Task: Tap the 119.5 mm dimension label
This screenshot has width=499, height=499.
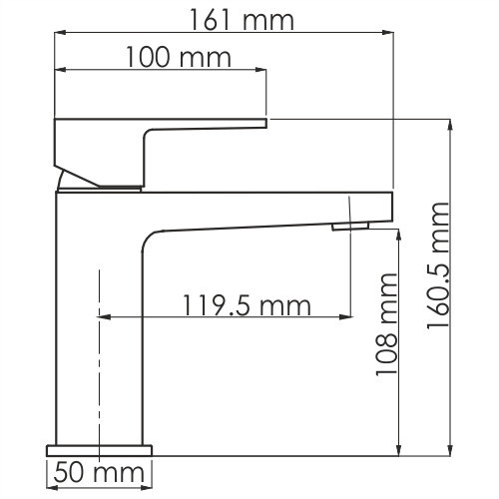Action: coord(246,304)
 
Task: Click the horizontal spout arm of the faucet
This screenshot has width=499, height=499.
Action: coord(259,210)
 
